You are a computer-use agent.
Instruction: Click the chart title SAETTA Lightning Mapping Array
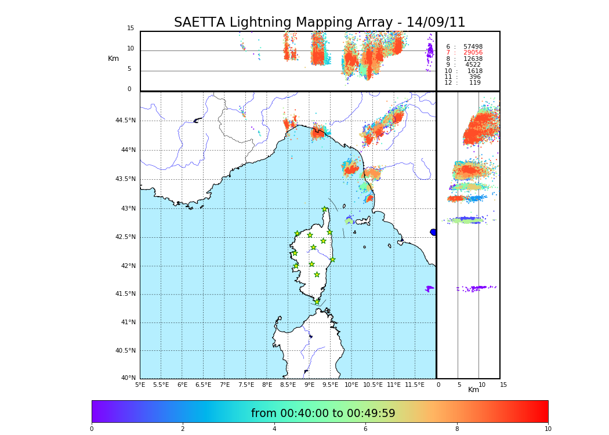click(x=320, y=23)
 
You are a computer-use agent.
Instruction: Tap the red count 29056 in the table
click(x=473, y=53)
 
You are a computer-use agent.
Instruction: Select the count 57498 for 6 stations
click(x=473, y=47)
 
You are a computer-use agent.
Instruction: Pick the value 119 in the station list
click(x=475, y=83)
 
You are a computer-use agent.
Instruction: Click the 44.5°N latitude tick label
click(x=125, y=121)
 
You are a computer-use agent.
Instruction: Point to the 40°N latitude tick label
click(x=129, y=378)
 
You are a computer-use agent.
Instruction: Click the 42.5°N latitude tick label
click(x=125, y=237)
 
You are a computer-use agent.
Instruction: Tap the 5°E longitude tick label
click(x=140, y=385)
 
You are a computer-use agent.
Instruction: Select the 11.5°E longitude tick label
click(x=415, y=385)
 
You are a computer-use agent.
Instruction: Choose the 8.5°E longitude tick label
click(x=288, y=385)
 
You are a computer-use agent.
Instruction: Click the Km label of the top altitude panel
click(x=113, y=59)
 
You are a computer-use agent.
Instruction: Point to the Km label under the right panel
click(x=474, y=390)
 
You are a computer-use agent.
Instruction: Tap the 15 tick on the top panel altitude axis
click(x=130, y=28)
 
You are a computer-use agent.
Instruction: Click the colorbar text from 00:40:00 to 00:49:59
click(x=323, y=414)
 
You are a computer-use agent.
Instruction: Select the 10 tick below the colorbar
click(x=548, y=429)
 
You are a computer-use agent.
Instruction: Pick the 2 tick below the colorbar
click(x=183, y=429)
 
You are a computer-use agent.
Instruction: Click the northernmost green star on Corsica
click(x=325, y=209)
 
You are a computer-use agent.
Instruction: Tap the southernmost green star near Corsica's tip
click(x=317, y=302)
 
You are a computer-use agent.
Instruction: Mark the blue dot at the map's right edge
click(x=433, y=232)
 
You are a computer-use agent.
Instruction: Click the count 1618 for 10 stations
click(x=475, y=71)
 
